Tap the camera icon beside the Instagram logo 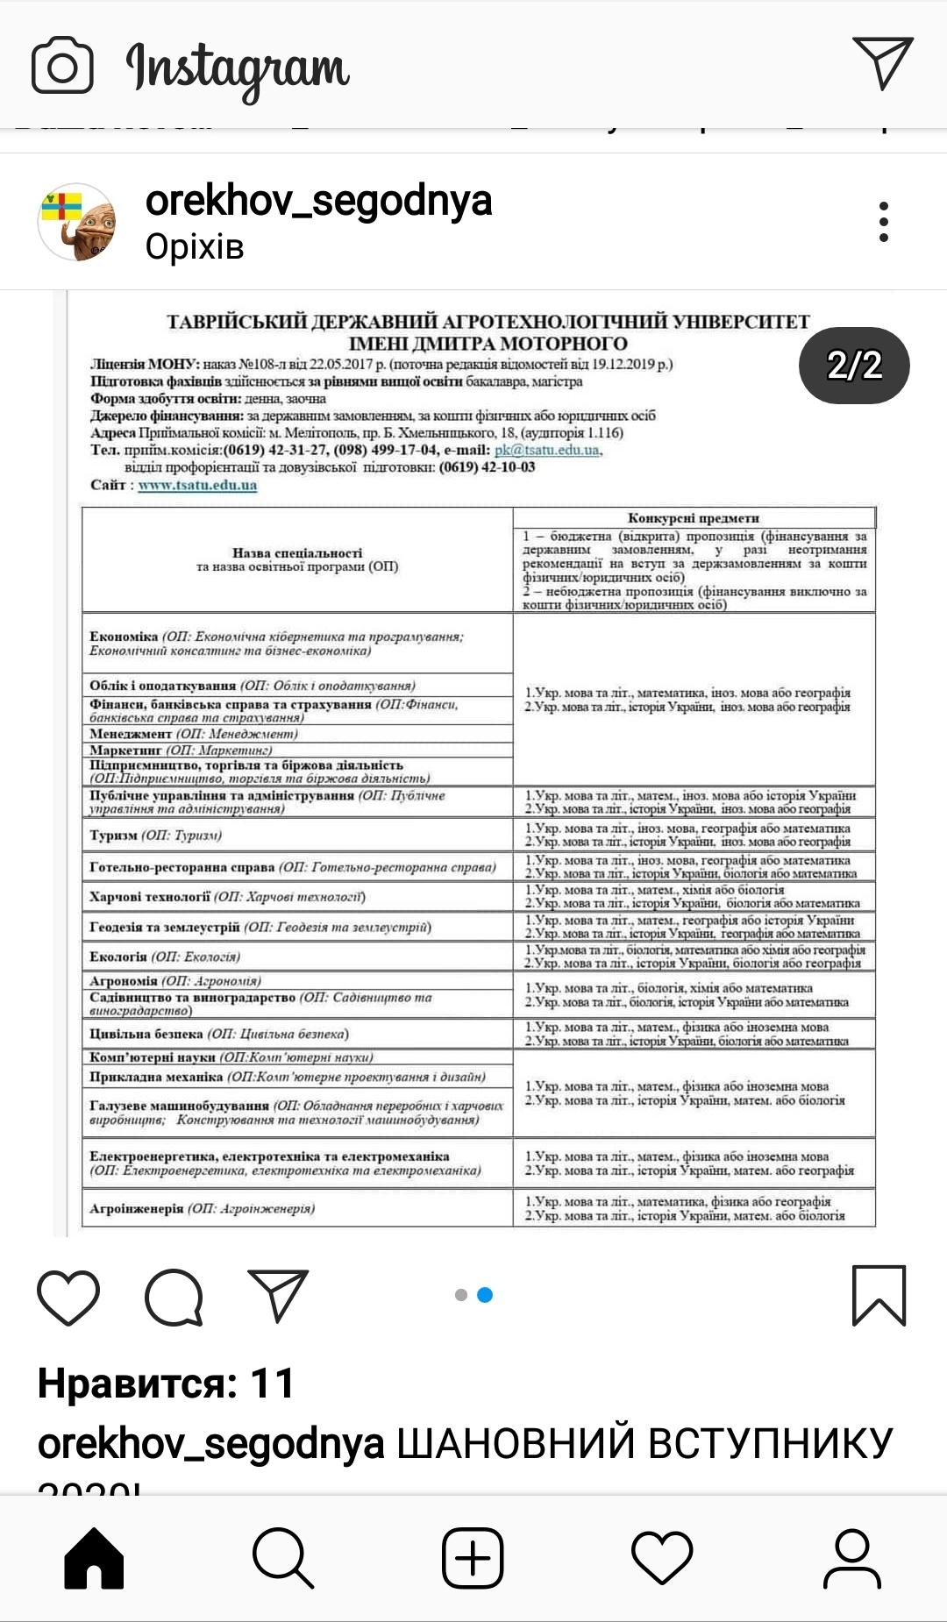(62, 65)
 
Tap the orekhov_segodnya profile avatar (77, 222)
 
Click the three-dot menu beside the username (883, 222)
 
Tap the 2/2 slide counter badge (854, 365)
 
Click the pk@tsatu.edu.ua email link (547, 450)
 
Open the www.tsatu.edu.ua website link (197, 485)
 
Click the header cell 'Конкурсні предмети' (693, 517)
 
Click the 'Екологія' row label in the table (165, 957)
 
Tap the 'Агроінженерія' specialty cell (203, 1208)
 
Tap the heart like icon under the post (68, 1296)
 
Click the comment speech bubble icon (174, 1296)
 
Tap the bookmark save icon (879, 1295)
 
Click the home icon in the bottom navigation (95, 1558)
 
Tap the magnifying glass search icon (283, 1558)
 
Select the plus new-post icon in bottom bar (473, 1558)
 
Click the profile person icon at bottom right (851, 1558)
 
